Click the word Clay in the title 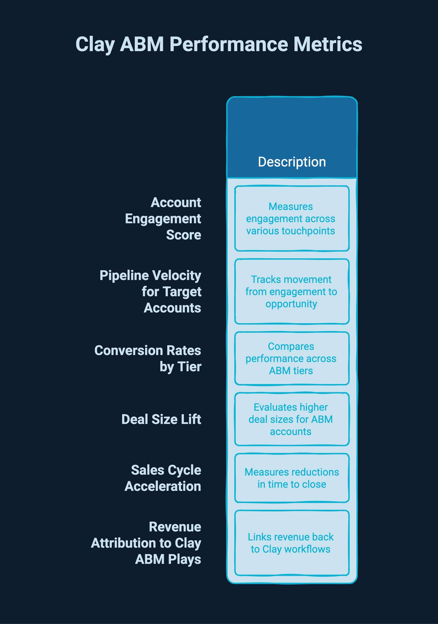95,44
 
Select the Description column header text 292,162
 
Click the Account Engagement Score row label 163,219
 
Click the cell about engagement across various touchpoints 292,219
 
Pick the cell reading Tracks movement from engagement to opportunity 292,292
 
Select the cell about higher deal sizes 292,419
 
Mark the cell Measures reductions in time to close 292,478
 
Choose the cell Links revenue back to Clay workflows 292,543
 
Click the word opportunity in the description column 291,304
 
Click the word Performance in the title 229,44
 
